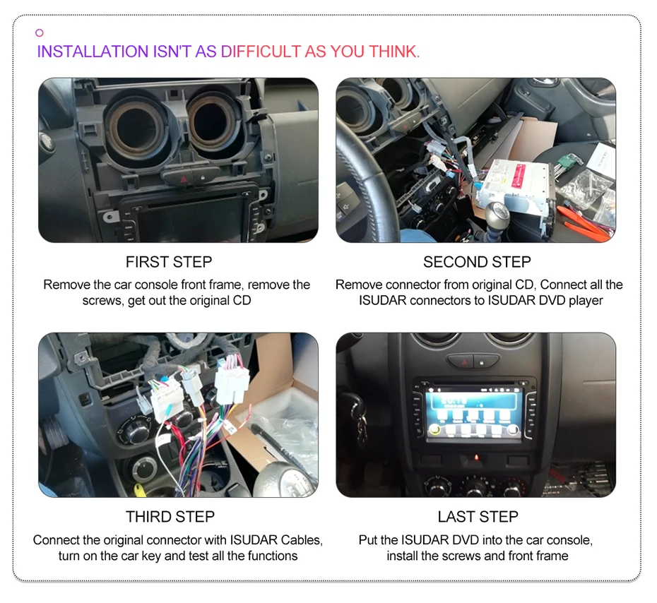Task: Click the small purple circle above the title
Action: point(40,32)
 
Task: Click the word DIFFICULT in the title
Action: point(261,52)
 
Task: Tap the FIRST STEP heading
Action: point(169,262)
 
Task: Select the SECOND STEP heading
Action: point(477,262)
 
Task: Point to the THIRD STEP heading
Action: point(170,517)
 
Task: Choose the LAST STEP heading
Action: point(478,517)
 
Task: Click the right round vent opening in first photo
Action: point(213,123)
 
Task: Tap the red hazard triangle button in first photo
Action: point(183,179)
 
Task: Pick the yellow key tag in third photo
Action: point(140,490)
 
